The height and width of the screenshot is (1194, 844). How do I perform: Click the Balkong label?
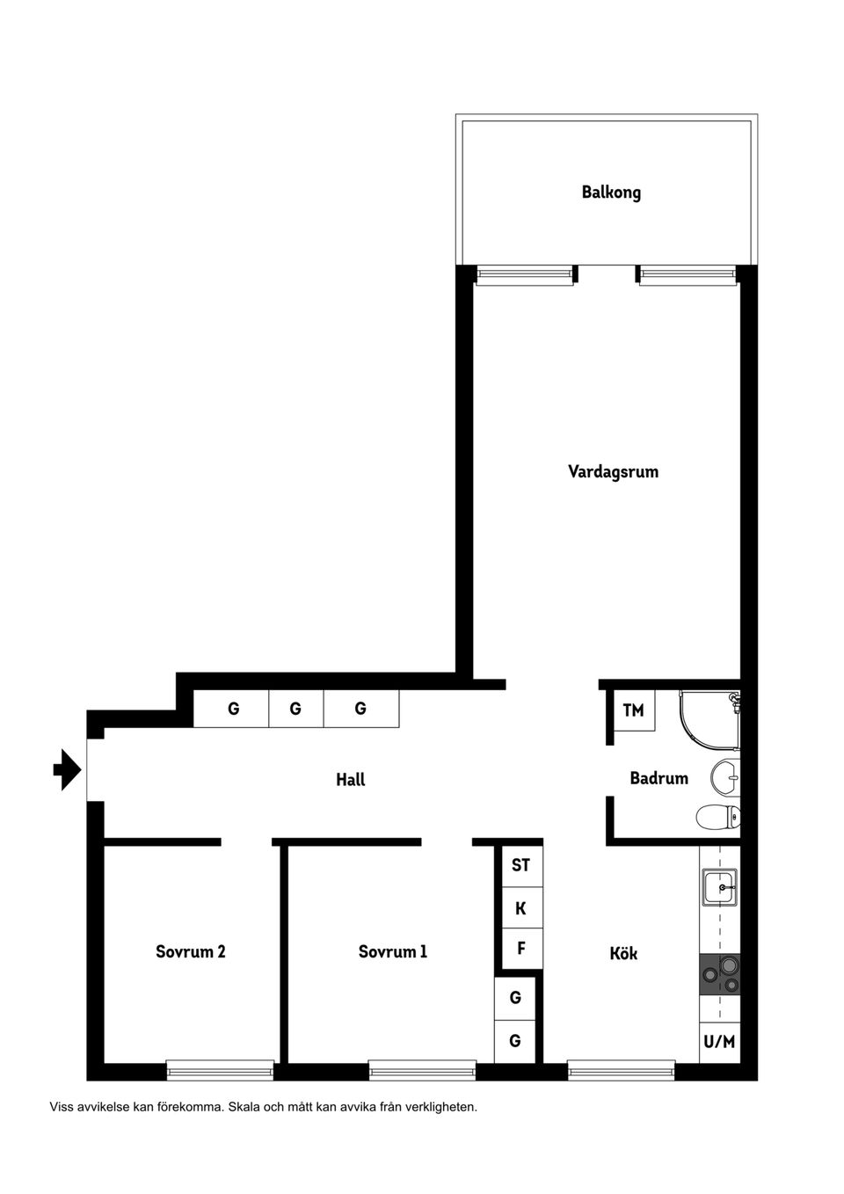click(611, 192)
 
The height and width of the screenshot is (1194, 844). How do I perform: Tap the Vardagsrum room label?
click(613, 471)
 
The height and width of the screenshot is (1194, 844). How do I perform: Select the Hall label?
click(350, 779)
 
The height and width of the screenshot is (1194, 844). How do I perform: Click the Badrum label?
click(658, 778)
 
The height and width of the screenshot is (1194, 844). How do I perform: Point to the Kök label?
click(623, 953)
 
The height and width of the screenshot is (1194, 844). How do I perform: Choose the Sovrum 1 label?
click(392, 951)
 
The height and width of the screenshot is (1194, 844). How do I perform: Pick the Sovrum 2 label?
click(190, 951)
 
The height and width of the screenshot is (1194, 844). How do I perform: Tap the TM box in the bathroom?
click(633, 710)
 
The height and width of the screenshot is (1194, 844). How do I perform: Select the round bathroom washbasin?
click(725, 775)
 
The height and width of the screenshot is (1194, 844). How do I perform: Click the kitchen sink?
click(720, 887)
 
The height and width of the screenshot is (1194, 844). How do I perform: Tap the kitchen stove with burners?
click(719, 975)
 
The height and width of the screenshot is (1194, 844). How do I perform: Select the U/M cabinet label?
click(718, 1042)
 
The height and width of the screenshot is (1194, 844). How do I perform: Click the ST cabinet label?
click(520, 865)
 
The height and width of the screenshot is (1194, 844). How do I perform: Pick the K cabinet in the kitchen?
click(520, 908)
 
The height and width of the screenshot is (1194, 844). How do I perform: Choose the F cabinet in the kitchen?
click(520, 949)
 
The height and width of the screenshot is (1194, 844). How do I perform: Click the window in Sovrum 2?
click(220, 1070)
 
